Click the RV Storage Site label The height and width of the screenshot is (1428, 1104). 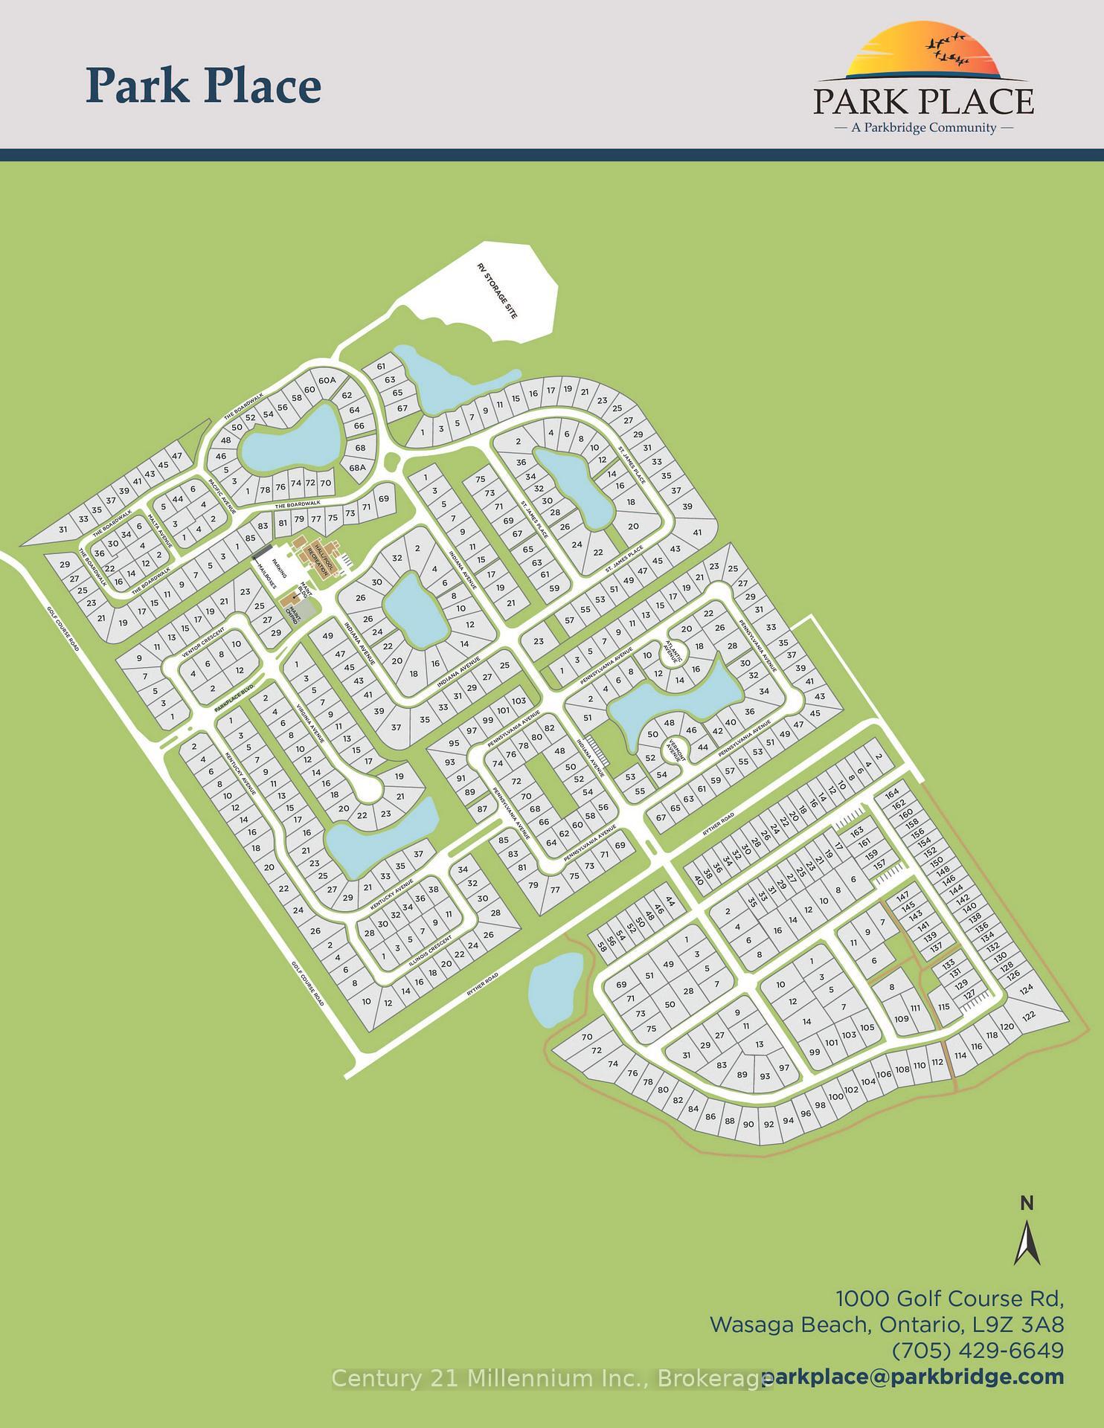(497, 291)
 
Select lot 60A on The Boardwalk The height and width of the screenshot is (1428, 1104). (327, 381)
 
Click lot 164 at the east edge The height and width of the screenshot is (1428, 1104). (893, 792)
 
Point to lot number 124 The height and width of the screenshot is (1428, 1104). (1027, 989)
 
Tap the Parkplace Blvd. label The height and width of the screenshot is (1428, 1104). (234, 698)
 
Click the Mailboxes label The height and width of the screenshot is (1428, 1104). (266, 575)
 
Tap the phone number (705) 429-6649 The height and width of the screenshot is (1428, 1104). (978, 1350)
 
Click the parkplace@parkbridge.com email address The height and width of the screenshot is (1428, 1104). (919, 1377)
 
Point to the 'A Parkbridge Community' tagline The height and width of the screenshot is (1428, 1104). (924, 127)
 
